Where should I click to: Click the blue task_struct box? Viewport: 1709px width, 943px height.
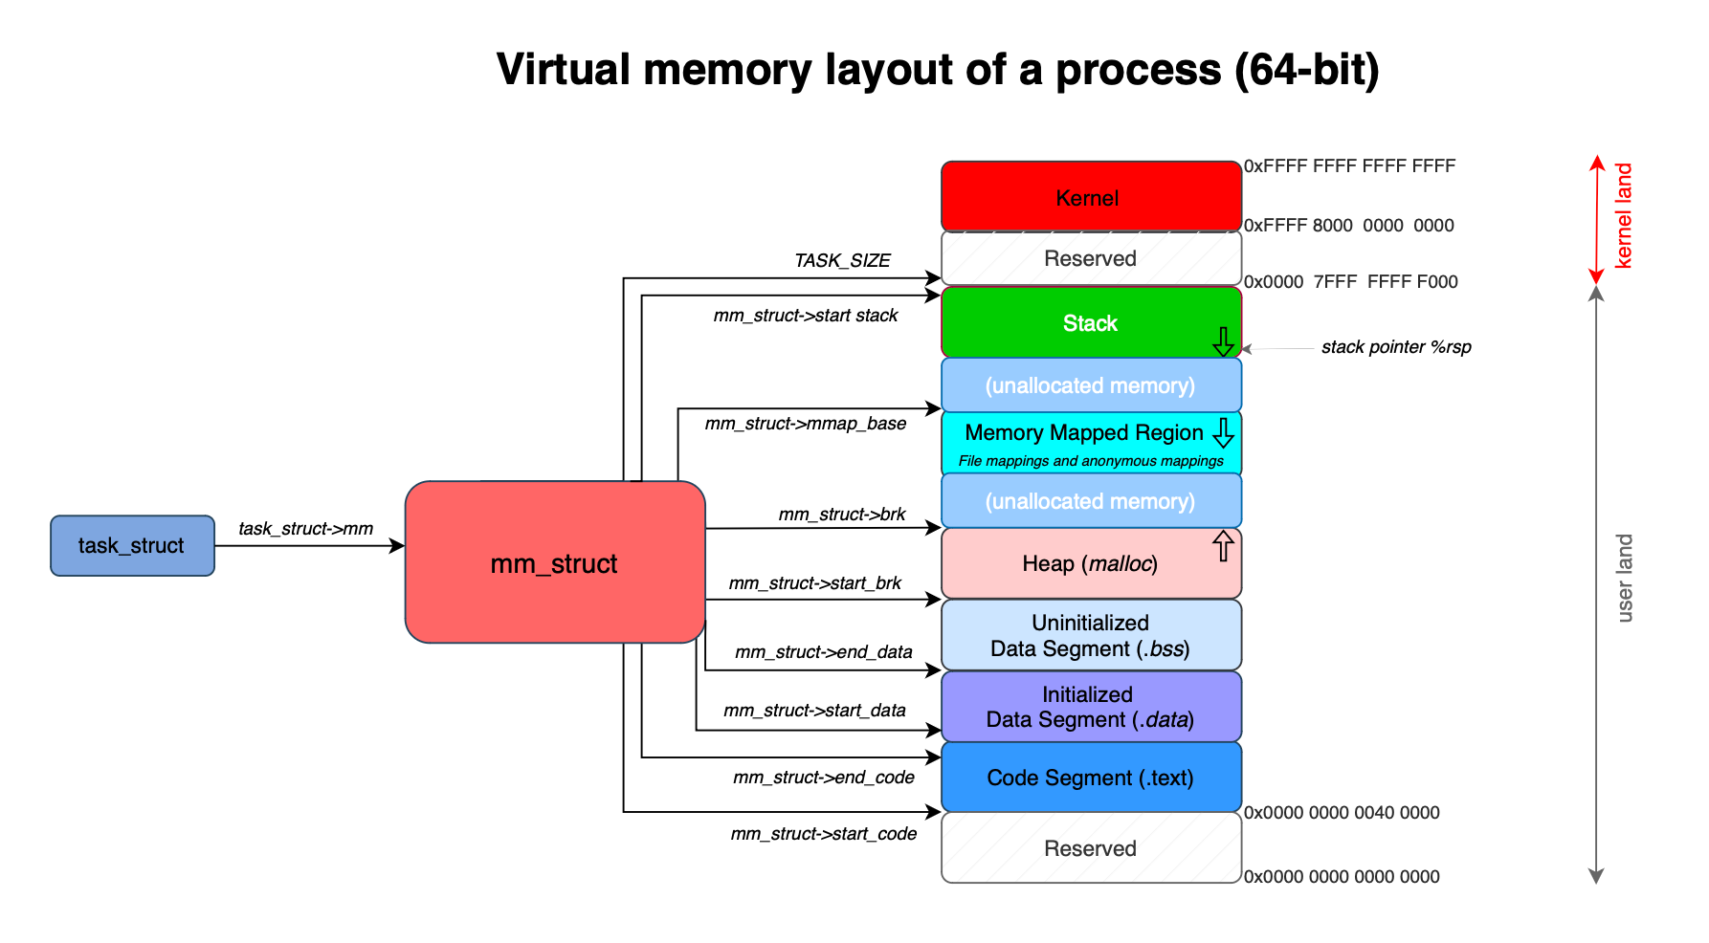tap(132, 545)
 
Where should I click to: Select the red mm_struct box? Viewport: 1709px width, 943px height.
tap(554, 563)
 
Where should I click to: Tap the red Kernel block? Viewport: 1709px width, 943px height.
tap(1091, 197)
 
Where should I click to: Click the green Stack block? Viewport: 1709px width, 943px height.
tap(1090, 323)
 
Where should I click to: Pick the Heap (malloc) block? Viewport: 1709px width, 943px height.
tap(1090, 563)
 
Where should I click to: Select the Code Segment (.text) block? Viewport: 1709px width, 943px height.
tap(1090, 778)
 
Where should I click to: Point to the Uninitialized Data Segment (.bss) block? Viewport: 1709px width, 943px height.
tap(1090, 635)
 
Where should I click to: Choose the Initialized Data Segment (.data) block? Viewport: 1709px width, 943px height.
tap(1090, 707)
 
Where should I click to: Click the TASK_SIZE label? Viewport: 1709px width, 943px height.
tap(842, 260)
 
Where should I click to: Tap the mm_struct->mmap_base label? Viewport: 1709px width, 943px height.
tap(806, 423)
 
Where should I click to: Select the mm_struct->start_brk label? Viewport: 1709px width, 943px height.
tap(815, 582)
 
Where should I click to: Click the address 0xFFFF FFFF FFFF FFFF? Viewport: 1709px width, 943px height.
tap(1349, 166)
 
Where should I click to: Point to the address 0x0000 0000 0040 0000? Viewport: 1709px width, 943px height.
tap(1342, 813)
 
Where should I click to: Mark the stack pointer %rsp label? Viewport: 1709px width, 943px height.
tap(1396, 347)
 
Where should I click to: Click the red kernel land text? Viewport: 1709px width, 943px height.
tap(1624, 215)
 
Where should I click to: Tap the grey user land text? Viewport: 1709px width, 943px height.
tap(1624, 579)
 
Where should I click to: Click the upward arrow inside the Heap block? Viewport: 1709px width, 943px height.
tap(1223, 546)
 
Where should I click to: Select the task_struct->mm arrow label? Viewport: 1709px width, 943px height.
tap(305, 529)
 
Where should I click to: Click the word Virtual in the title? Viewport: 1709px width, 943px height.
tap(564, 70)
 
